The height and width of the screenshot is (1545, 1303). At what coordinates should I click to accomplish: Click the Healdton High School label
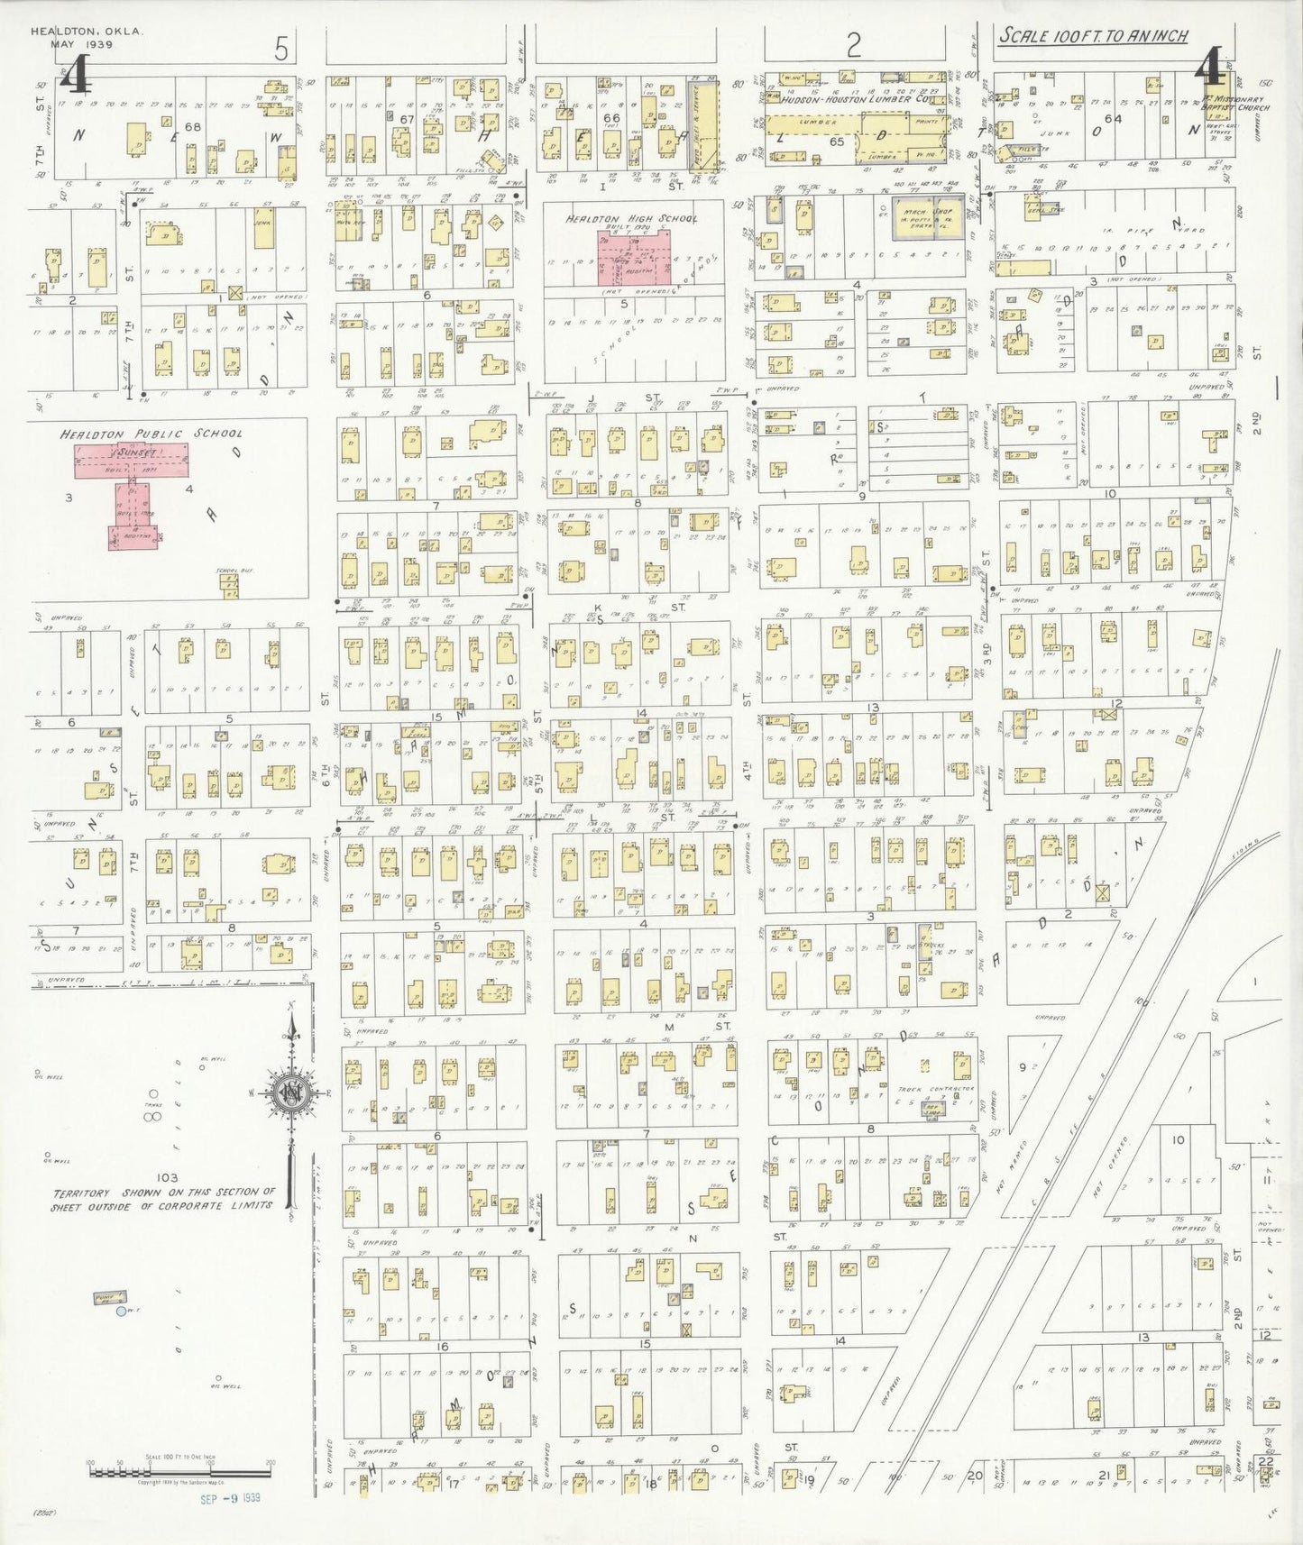(631, 219)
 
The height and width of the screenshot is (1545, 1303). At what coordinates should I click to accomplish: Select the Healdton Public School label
(151, 434)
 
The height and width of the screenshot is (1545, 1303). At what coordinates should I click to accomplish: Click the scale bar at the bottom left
(179, 1471)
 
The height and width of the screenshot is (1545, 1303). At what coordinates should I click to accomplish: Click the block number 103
(167, 1177)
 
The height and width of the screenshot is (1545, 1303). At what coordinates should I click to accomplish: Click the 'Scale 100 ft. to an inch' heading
(1092, 36)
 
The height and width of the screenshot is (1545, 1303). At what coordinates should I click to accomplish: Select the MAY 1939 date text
(75, 43)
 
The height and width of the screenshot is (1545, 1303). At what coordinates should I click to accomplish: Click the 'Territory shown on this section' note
(162, 1198)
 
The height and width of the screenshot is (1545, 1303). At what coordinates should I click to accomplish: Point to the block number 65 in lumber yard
(836, 142)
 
